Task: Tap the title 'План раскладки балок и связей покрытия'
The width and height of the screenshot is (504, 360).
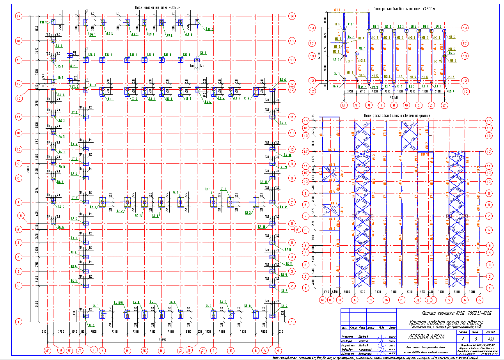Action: click(397, 115)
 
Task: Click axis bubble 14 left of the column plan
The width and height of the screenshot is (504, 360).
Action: click(18, 16)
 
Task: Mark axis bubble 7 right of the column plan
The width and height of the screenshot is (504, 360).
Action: click(291, 202)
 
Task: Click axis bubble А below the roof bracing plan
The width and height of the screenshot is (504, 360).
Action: click(480, 300)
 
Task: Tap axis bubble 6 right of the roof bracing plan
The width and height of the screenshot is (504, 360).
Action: click(490, 230)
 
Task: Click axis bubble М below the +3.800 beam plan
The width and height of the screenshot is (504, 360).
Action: click(344, 105)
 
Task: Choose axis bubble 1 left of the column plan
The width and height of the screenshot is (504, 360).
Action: click(18, 322)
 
